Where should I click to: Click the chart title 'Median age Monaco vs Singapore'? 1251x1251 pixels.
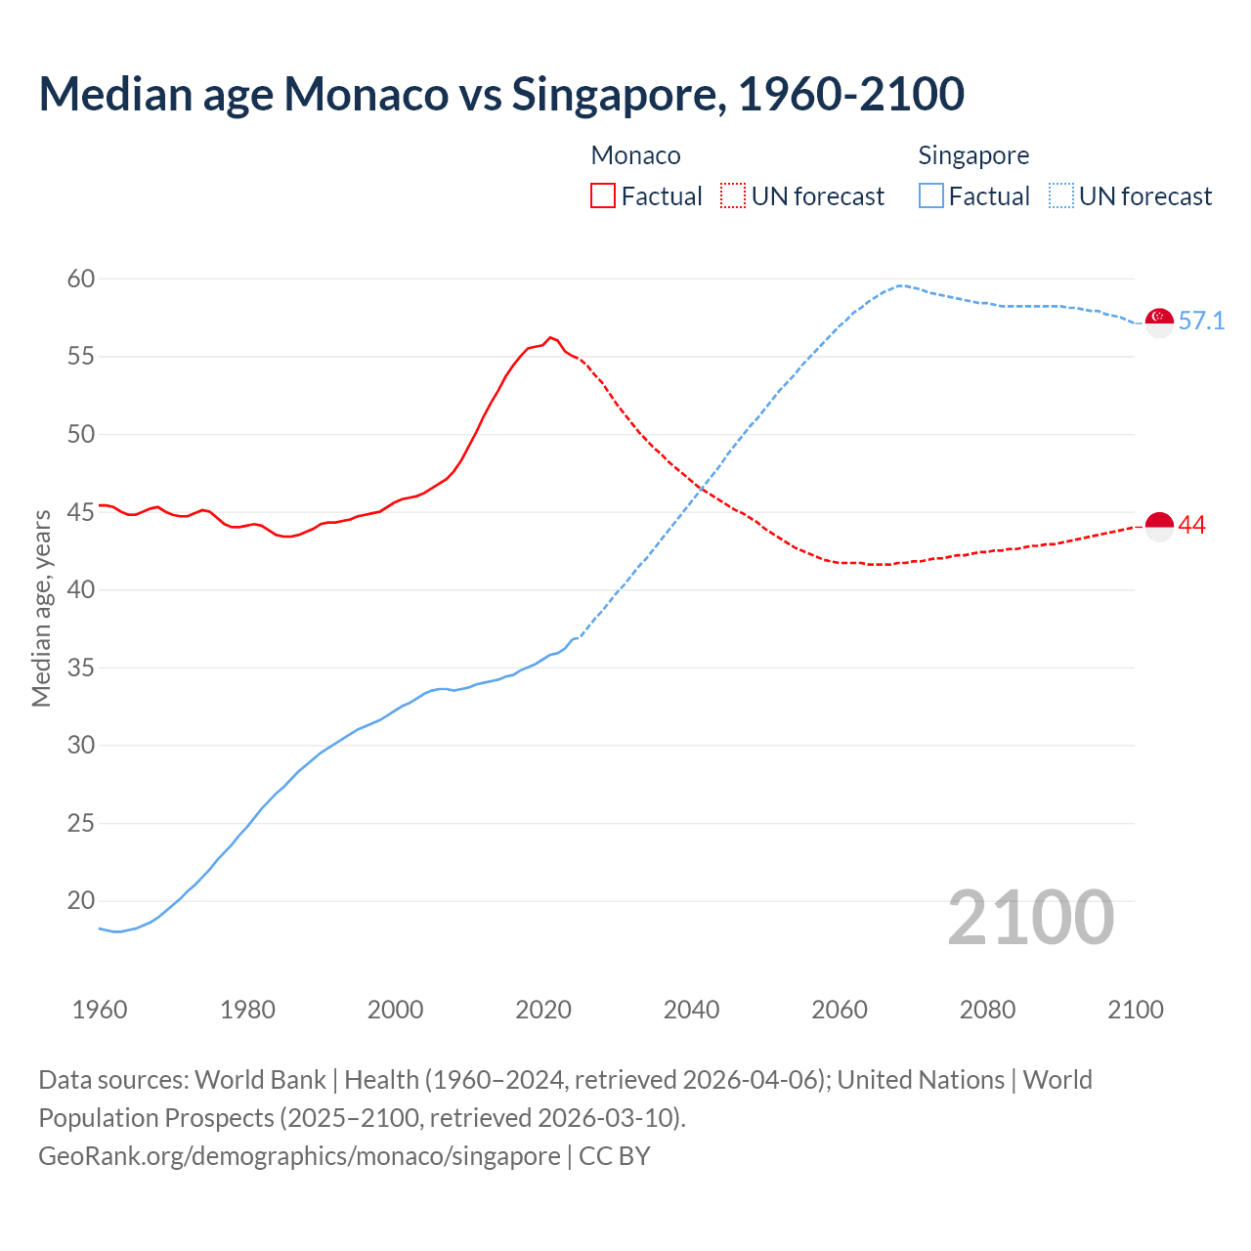(501, 94)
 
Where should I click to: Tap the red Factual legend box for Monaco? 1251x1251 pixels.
(603, 195)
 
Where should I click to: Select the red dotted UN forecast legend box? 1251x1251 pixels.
(733, 195)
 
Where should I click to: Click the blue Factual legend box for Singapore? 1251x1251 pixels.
(931, 195)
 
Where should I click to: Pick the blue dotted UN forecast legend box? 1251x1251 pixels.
(1061, 195)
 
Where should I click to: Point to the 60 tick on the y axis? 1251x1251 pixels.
(81, 279)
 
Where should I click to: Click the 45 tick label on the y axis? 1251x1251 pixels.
(81, 512)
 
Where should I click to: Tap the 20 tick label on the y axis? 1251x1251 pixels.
(81, 900)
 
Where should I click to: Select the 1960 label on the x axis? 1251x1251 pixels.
(100, 1010)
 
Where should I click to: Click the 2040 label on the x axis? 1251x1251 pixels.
(691, 1010)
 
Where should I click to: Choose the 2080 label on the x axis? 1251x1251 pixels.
(987, 1010)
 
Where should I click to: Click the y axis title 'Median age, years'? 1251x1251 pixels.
(41, 608)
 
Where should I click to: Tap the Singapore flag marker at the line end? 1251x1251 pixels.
(1159, 322)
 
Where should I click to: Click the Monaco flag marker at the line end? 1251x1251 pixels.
(1159, 526)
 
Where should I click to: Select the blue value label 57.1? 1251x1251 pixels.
(1201, 321)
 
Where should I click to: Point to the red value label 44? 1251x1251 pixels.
(1192, 525)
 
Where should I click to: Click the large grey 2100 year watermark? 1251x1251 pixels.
(1030, 917)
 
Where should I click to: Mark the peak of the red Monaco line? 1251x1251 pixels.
(550, 337)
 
